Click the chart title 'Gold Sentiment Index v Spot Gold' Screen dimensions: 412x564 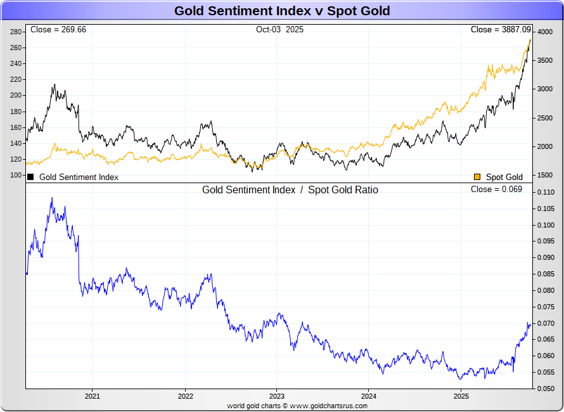[x=282, y=11]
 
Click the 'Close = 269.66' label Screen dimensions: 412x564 [x=58, y=30]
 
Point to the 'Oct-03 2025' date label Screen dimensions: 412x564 [x=279, y=30]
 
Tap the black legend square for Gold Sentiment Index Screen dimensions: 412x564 [x=30, y=177]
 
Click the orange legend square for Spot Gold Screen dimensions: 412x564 [x=477, y=177]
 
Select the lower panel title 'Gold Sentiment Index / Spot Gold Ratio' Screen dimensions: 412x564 [x=290, y=190]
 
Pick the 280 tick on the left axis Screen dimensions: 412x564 [x=16, y=32]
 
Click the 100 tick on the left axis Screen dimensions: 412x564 [x=16, y=175]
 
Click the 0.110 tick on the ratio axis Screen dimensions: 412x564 [x=546, y=192]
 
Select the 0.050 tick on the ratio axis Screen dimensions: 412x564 [x=546, y=389]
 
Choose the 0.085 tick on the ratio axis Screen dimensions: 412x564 [x=546, y=274]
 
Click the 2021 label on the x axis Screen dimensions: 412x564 [x=93, y=397]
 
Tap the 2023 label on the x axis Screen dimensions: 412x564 [x=276, y=397]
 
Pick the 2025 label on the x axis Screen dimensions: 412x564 [x=461, y=397]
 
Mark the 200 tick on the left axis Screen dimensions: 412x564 [x=16, y=95]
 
